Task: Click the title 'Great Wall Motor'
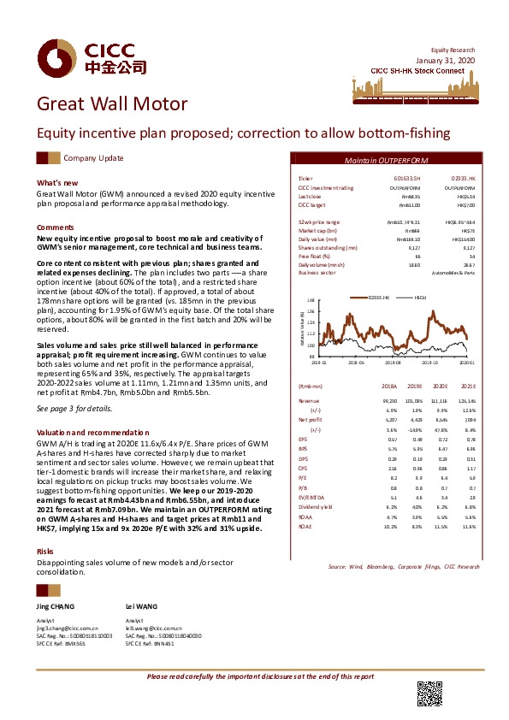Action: click(x=111, y=105)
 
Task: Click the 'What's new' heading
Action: click(x=57, y=183)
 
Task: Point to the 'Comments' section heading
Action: click(x=56, y=227)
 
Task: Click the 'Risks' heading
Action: click(x=45, y=552)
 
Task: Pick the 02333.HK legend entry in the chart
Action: click(x=379, y=296)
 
